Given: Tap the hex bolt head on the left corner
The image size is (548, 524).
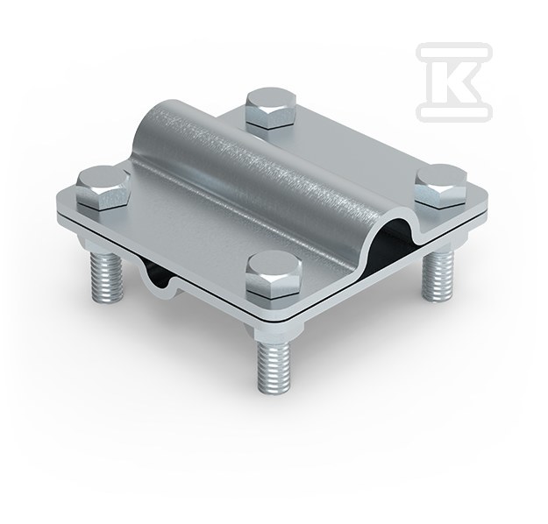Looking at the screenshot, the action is (x=102, y=188).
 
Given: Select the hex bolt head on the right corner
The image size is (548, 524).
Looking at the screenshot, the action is (x=441, y=187).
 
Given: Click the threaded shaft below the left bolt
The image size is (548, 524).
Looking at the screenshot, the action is (x=107, y=279).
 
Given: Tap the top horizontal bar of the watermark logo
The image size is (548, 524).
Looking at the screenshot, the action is (x=454, y=51).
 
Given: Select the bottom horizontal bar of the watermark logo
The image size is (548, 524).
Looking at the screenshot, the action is (x=454, y=112).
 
